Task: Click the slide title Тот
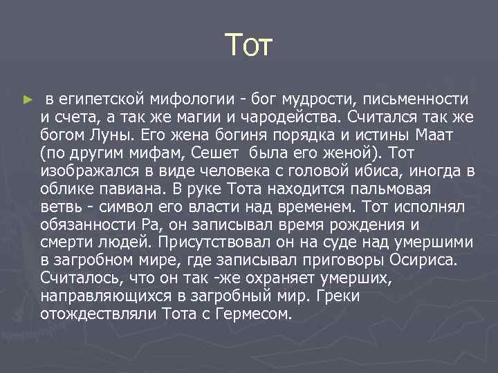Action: (250, 47)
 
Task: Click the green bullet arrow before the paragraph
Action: (28, 99)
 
